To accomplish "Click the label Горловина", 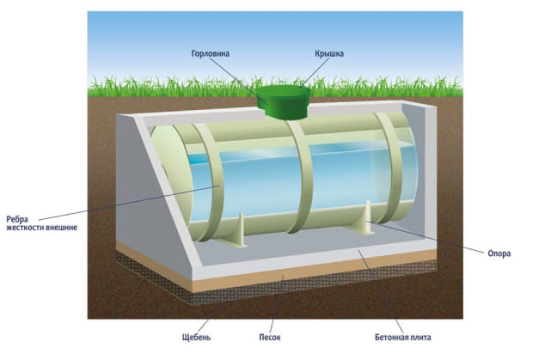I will pos(211,53).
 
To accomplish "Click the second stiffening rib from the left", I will pos(296,176).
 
